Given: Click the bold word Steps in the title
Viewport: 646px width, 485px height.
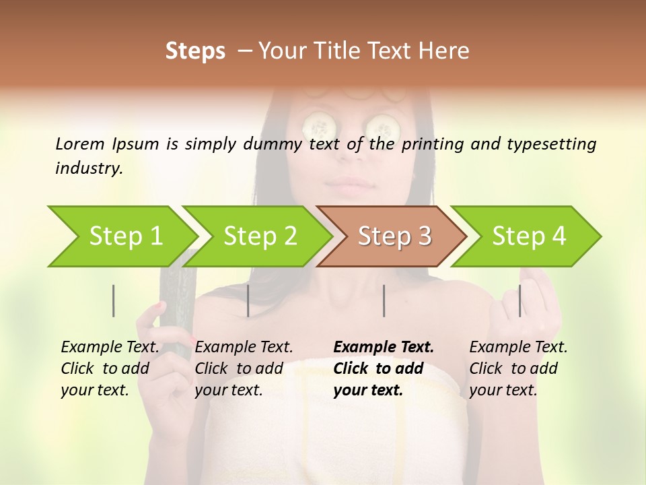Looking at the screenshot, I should pyautogui.click(x=195, y=51).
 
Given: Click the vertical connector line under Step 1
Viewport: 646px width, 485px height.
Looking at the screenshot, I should pyautogui.click(x=114, y=300).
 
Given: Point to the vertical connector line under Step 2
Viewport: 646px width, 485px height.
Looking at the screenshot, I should pyautogui.click(x=248, y=300).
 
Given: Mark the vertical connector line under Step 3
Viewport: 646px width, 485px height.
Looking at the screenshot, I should pyautogui.click(x=384, y=300).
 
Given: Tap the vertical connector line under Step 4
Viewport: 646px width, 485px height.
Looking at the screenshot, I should pyautogui.click(x=519, y=300).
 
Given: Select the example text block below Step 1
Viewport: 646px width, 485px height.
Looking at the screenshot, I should pyautogui.click(x=110, y=368).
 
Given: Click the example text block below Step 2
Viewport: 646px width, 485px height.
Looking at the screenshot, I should pyautogui.click(x=244, y=368).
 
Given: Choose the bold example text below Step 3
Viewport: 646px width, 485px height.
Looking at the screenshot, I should pyautogui.click(x=384, y=368).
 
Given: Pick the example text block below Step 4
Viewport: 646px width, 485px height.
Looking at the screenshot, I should pyautogui.click(x=518, y=368).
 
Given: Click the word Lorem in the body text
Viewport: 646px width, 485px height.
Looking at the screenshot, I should pyautogui.click(x=80, y=143).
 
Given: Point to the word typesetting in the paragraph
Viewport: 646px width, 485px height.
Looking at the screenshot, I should pyautogui.click(x=551, y=143).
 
